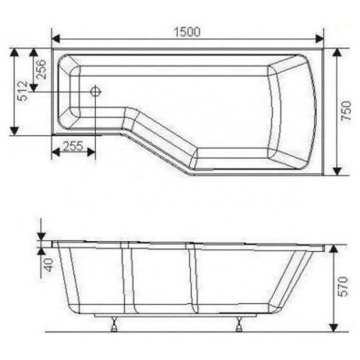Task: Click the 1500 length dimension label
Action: pyautogui.click(x=187, y=32)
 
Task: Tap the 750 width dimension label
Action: pyautogui.click(x=346, y=111)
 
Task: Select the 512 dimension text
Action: pyautogui.click(x=23, y=91)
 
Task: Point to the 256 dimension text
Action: pyautogui.click(x=40, y=69)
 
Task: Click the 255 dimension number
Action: pyautogui.click(x=73, y=145)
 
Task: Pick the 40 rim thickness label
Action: pyautogui.click(x=49, y=265)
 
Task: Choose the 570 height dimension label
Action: pyautogui.click(x=343, y=287)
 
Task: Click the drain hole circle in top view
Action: pyautogui.click(x=95, y=91)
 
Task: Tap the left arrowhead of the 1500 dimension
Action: pyautogui.click(x=55, y=39)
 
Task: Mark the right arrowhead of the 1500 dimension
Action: pyautogui.click(x=320, y=39)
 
